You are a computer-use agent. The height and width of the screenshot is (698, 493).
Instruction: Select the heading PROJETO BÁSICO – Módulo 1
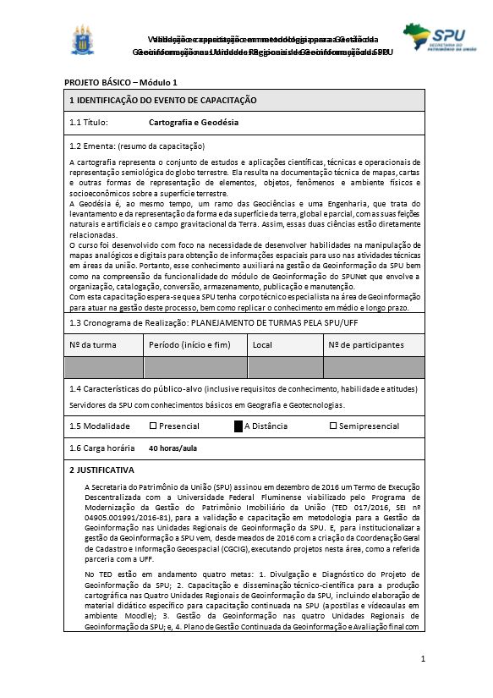click(x=121, y=82)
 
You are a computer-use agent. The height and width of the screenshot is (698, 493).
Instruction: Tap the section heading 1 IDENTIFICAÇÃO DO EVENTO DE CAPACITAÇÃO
click(x=162, y=101)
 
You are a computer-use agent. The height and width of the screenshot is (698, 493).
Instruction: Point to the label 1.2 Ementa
click(x=91, y=146)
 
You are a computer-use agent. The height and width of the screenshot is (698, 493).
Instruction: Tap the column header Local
click(x=262, y=345)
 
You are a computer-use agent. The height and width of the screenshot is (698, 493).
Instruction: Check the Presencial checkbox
click(x=153, y=426)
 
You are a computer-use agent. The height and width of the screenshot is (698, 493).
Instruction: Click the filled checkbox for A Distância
click(x=238, y=426)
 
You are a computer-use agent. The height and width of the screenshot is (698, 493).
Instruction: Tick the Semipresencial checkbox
click(x=332, y=426)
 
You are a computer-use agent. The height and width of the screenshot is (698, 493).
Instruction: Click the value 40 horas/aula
click(x=173, y=448)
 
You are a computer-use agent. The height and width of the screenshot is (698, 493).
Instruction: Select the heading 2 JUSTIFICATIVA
click(x=101, y=470)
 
